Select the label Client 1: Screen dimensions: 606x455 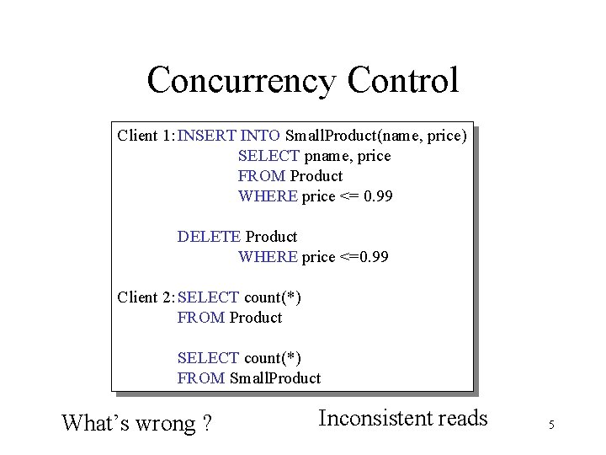click(146, 135)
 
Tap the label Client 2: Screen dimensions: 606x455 click(146, 297)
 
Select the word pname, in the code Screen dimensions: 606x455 click(327, 156)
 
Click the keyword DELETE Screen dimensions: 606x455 click(209, 237)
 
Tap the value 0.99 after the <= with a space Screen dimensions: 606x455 click(377, 196)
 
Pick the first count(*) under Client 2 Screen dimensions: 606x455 click(273, 297)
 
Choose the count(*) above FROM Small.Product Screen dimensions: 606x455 click(273, 358)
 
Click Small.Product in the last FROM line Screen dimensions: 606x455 click(275, 378)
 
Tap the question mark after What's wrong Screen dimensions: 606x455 click(206, 422)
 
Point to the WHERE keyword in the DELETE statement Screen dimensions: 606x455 click(268, 257)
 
